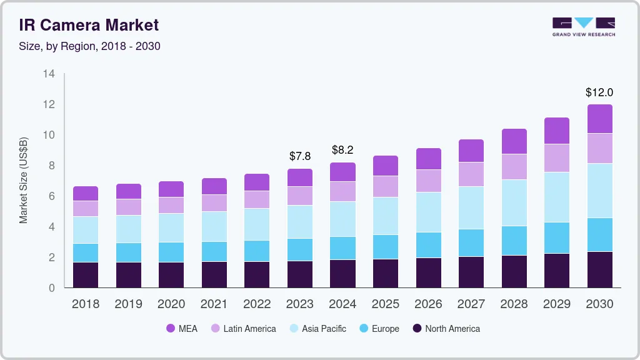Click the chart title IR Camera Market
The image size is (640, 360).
[x=89, y=25]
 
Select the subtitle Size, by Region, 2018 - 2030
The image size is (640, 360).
[x=89, y=46]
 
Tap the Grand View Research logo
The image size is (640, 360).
[x=583, y=26]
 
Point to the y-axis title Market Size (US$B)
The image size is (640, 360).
[x=24, y=180]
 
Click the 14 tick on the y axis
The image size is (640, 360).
[x=49, y=74]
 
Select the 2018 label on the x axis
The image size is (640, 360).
[x=85, y=304]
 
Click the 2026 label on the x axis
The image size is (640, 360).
[x=428, y=304]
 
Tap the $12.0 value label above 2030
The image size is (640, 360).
[x=599, y=92]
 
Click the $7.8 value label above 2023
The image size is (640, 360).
[x=299, y=156]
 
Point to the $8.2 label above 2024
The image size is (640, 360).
[x=342, y=150]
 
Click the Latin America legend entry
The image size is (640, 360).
[x=243, y=329]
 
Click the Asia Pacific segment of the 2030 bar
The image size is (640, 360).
[x=599, y=191]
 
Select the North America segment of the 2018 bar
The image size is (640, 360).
[x=85, y=275]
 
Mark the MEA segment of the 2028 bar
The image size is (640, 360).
[x=514, y=141]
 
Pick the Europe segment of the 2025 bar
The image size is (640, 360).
[x=385, y=247]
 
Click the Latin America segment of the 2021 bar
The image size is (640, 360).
[x=214, y=203]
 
